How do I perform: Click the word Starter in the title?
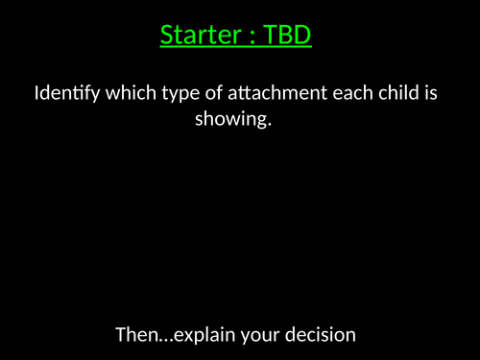pos(200,36)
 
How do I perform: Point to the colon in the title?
pos(254,37)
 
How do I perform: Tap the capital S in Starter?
pos(167,36)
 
